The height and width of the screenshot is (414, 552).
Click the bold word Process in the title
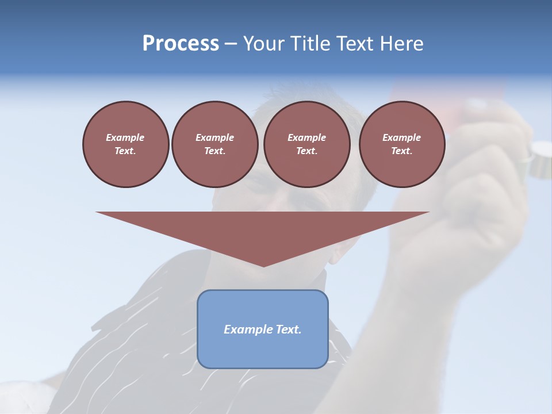181,44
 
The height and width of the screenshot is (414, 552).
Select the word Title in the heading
314,44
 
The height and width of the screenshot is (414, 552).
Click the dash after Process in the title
231,44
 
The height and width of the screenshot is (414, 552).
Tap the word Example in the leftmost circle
125,137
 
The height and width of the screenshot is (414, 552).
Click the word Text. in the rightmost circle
402,151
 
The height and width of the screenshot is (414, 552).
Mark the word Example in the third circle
306,137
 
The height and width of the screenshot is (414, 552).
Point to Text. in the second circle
214,151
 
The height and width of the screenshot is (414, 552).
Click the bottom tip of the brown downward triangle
263,265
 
